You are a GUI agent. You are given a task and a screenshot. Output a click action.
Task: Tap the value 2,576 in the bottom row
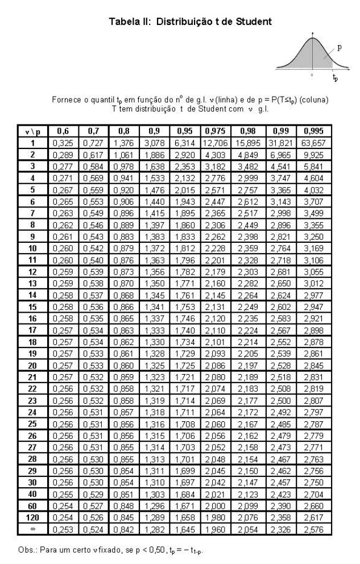pyautogui.click(x=315, y=529)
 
